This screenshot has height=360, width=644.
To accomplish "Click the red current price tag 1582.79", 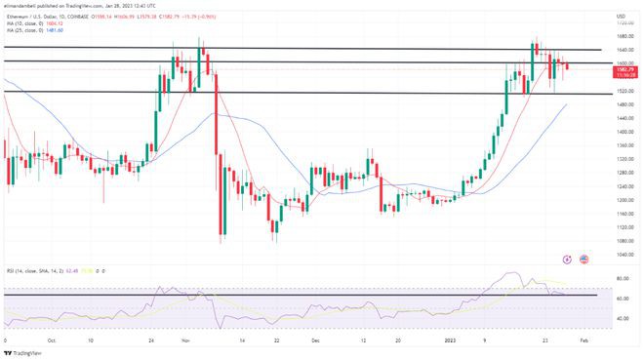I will click(x=624, y=70).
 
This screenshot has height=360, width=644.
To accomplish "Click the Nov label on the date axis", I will click(x=184, y=341).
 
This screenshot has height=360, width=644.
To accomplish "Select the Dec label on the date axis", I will click(x=314, y=341).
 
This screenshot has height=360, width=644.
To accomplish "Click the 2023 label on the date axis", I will click(x=450, y=341).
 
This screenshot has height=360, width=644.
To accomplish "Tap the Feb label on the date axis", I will click(x=582, y=341).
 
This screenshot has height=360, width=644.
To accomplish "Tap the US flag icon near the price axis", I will click(x=584, y=259).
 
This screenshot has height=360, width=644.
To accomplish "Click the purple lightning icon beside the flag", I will click(x=568, y=259).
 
